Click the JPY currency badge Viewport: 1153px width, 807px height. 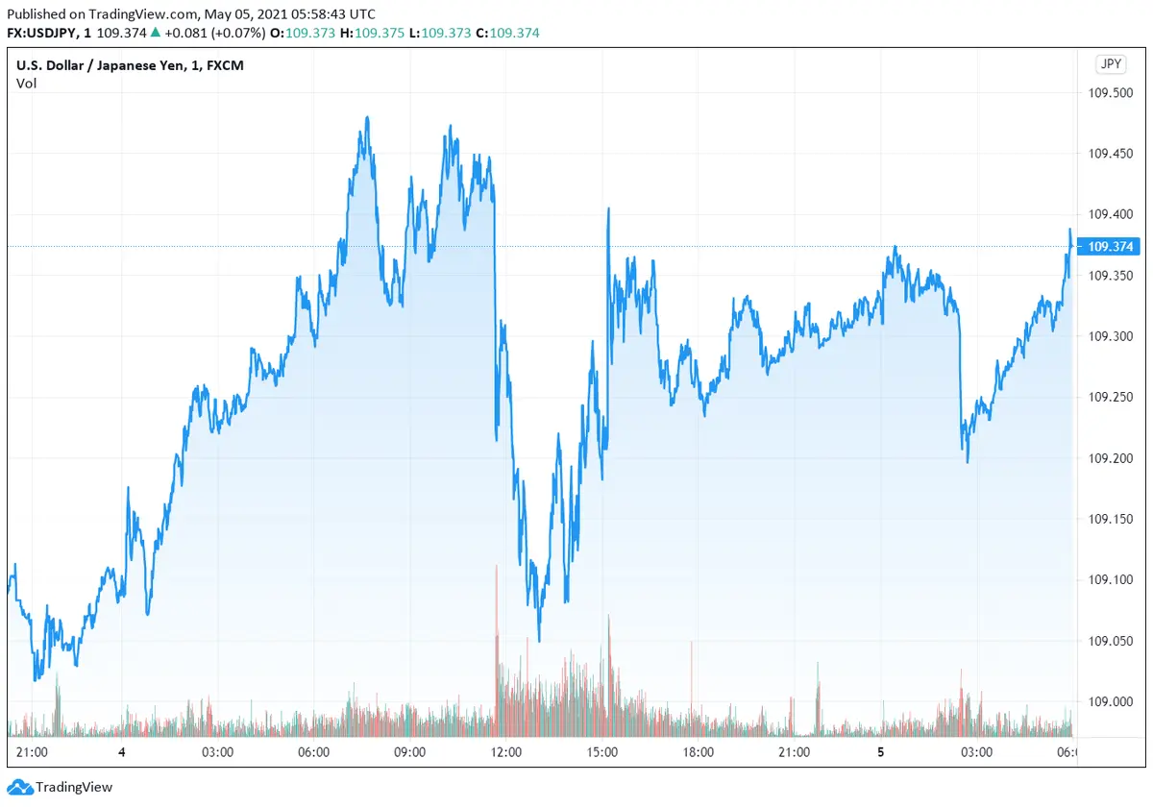(x=1110, y=64)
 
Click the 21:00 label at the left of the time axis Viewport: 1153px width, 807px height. (x=33, y=752)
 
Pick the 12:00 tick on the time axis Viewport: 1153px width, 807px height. (x=506, y=752)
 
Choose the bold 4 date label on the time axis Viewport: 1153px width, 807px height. (x=122, y=752)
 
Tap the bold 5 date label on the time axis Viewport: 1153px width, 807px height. (x=881, y=752)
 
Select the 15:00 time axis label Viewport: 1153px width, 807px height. (x=602, y=752)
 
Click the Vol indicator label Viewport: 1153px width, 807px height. (x=26, y=84)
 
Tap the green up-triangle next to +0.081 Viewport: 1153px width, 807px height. (x=155, y=33)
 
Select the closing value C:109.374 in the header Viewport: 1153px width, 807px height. (x=508, y=33)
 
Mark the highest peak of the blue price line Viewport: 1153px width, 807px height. (x=367, y=118)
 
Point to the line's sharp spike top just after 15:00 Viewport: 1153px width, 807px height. (x=608, y=208)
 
